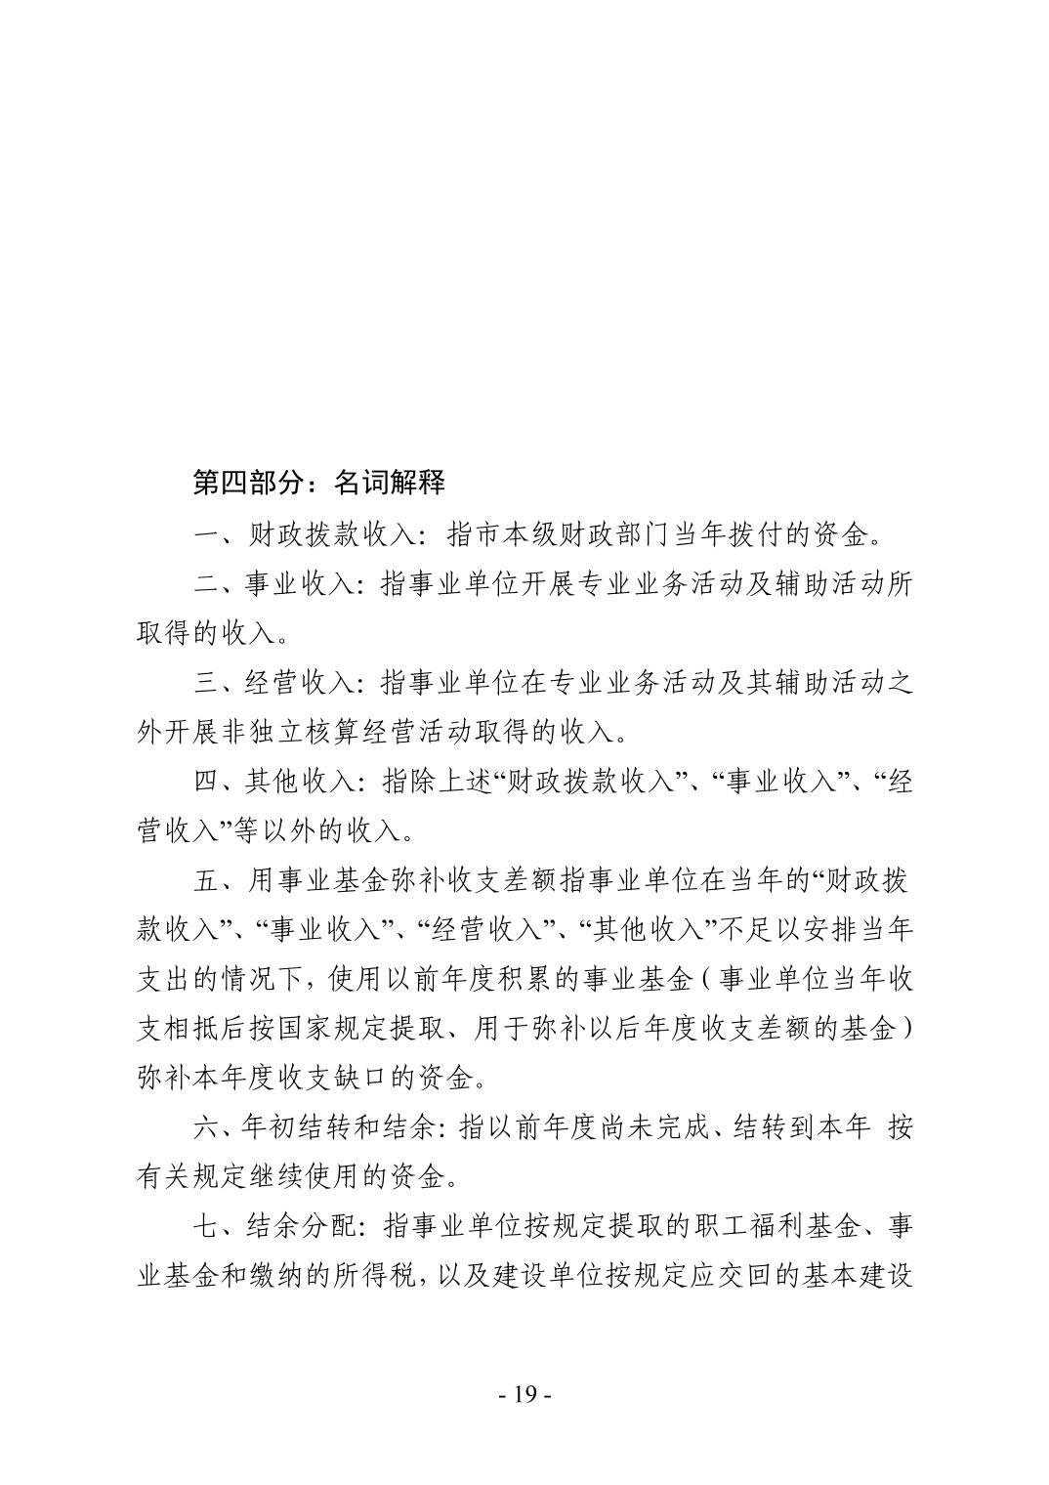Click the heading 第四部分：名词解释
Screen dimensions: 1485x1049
pos(318,483)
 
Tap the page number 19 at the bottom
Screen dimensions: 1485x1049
pos(524,1394)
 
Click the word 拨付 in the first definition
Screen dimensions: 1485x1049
pos(749,534)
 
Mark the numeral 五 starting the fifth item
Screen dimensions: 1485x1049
pos(205,881)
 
